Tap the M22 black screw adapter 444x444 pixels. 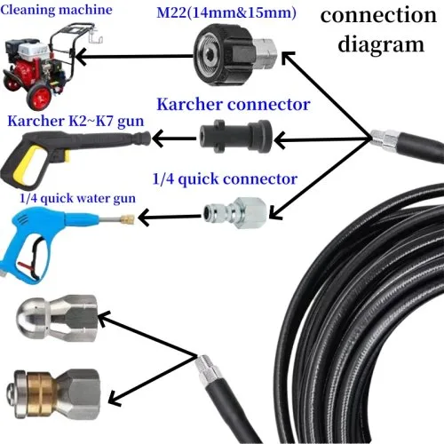pyautogui.click(x=235, y=55)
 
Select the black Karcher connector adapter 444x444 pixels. pyautogui.click(x=236, y=137)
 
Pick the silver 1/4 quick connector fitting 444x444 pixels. pyautogui.click(x=234, y=214)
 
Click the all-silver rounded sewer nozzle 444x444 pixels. pyautogui.click(x=56, y=318)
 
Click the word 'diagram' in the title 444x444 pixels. pyautogui.click(x=381, y=44)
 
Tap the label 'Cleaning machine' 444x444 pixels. pyautogui.click(x=56, y=10)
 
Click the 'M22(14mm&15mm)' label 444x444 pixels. pyautogui.click(x=226, y=13)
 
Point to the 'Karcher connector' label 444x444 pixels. pyautogui.click(x=234, y=104)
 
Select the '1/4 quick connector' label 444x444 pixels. pyautogui.click(x=225, y=178)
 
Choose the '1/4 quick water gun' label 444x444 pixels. pyautogui.click(x=77, y=198)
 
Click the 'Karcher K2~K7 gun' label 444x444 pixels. pyautogui.click(x=75, y=121)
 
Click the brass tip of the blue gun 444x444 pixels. pyautogui.click(x=128, y=219)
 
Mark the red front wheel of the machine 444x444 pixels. pyautogui.click(x=39, y=95)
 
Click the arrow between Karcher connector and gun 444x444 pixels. pyautogui.click(x=174, y=139)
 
